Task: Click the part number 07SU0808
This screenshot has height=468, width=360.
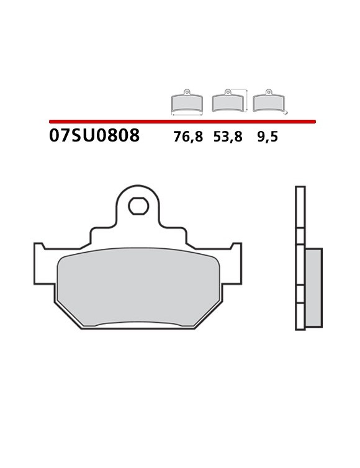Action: [94, 136]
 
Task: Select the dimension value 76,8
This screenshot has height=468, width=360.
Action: [188, 137]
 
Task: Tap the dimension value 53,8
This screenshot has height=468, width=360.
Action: [228, 137]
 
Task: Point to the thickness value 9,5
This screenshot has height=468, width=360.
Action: [268, 137]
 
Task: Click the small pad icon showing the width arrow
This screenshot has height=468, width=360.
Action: [187, 103]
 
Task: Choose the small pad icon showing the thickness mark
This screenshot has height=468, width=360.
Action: [268, 102]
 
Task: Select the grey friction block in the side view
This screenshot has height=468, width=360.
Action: [313, 288]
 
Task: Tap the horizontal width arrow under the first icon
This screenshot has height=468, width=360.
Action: [187, 115]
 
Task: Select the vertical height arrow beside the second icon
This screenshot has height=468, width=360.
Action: [247, 101]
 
